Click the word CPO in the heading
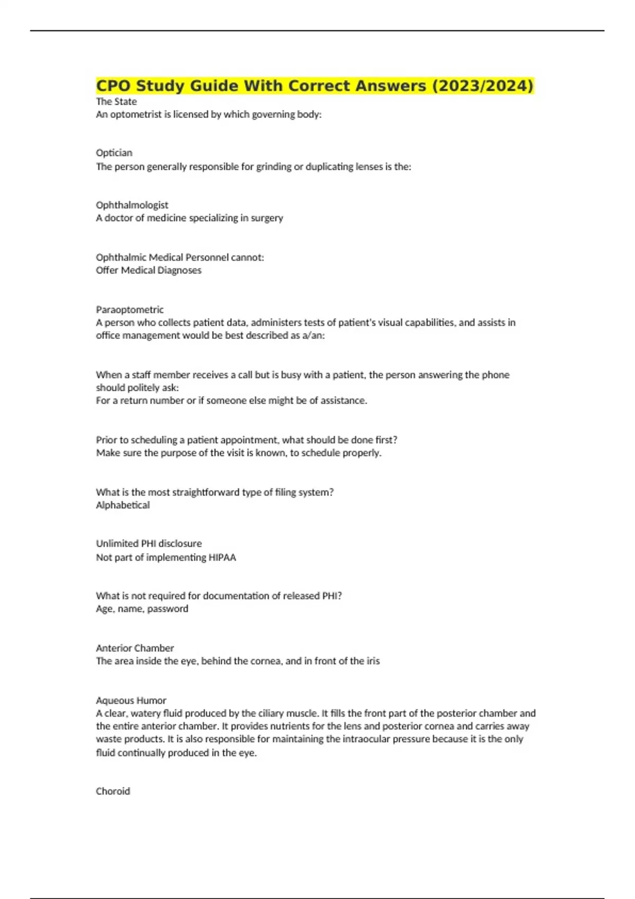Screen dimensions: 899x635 point(113,86)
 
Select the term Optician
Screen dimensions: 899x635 point(114,153)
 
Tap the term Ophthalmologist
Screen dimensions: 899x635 point(132,205)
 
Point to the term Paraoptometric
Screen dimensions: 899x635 point(130,309)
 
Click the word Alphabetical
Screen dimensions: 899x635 point(123,505)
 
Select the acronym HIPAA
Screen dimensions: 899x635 point(222,557)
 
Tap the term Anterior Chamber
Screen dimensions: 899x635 point(134,648)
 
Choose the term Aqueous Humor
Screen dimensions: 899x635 point(131,700)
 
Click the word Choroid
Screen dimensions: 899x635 point(113,791)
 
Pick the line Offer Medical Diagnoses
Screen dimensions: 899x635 point(149,270)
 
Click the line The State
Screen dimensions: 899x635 point(116,102)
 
